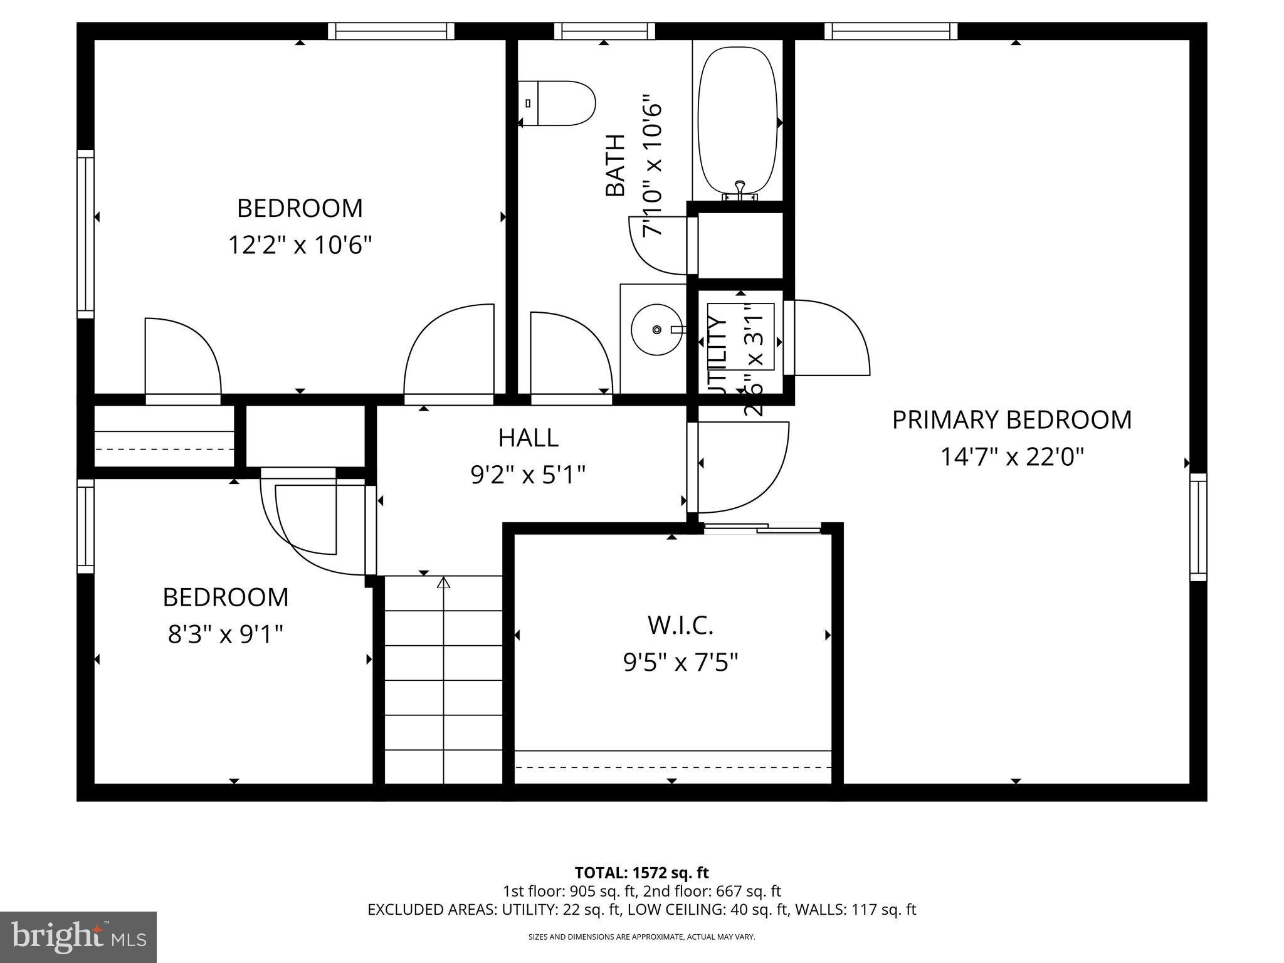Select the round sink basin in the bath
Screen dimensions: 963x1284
pyautogui.click(x=656, y=330)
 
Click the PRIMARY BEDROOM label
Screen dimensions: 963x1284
pyautogui.click(x=1011, y=420)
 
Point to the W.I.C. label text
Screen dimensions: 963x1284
pyautogui.click(x=680, y=624)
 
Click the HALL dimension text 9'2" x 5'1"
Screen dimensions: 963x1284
pyautogui.click(x=528, y=475)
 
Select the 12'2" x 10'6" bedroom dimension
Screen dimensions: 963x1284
pyautogui.click(x=300, y=245)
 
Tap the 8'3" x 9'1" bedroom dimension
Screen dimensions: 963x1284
pyautogui.click(x=226, y=634)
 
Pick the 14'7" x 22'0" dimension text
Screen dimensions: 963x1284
pyautogui.click(x=1011, y=457)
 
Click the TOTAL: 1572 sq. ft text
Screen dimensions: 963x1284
pyautogui.click(x=641, y=873)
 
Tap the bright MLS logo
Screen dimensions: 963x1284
pyautogui.click(x=78, y=937)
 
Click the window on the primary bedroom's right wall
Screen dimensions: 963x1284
pyautogui.click(x=1198, y=527)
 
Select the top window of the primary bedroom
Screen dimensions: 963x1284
pyautogui.click(x=890, y=31)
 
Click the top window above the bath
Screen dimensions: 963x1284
pyautogui.click(x=604, y=31)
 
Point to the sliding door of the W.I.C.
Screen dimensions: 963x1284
pyautogui.click(x=762, y=529)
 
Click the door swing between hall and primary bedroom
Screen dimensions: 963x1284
pyautogui.click(x=740, y=467)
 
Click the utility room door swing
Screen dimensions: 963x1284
pyautogui.click(x=828, y=339)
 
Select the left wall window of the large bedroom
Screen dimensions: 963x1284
pyautogui.click(x=86, y=234)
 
